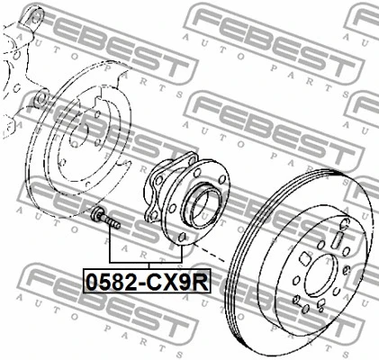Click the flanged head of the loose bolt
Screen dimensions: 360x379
point(97,215)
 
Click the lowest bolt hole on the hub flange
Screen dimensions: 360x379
point(185,236)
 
